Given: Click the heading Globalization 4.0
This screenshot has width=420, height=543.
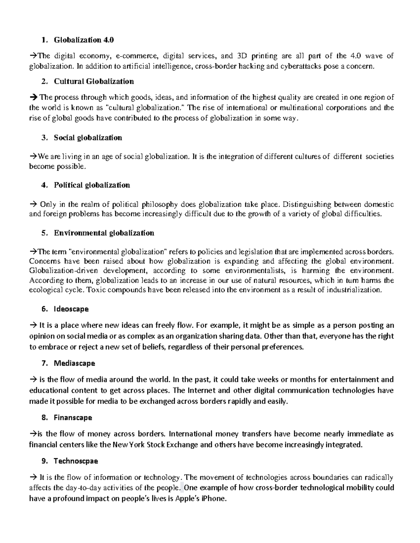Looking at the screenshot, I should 84,40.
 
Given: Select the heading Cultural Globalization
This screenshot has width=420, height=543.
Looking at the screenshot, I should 93,81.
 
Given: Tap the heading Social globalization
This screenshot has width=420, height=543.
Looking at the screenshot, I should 88,138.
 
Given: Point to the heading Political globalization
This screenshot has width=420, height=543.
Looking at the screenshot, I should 92,185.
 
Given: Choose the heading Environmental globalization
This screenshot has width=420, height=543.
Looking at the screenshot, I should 104,233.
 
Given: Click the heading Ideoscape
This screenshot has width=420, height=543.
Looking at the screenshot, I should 71,309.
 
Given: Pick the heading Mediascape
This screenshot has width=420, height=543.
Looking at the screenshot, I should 74,363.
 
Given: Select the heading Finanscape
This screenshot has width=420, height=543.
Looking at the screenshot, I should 73,417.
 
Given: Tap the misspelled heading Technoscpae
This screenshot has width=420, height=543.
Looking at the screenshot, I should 76,461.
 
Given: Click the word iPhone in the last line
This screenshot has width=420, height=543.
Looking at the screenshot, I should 214,499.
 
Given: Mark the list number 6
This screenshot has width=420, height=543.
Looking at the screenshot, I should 43,309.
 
